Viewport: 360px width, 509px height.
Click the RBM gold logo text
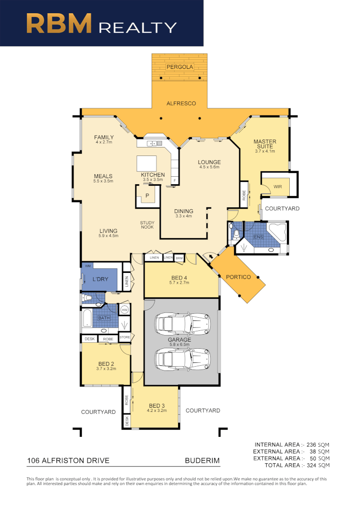(x=59, y=23)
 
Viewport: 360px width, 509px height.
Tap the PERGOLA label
(x=180, y=67)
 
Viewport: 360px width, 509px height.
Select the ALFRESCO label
(x=181, y=103)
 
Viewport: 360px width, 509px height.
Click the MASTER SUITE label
(x=265, y=144)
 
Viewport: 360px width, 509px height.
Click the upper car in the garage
(x=181, y=324)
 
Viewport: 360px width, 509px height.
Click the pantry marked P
(x=147, y=195)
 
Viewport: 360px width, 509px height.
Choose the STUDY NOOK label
(x=147, y=225)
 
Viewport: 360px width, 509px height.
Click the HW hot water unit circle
(x=125, y=310)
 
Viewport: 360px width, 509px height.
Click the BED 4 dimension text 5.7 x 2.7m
(x=179, y=283)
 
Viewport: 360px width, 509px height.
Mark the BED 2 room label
(x=106, y=363)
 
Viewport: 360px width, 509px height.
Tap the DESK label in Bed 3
(x=127, y=420)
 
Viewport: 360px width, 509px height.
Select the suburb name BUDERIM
(x=202, y=460)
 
